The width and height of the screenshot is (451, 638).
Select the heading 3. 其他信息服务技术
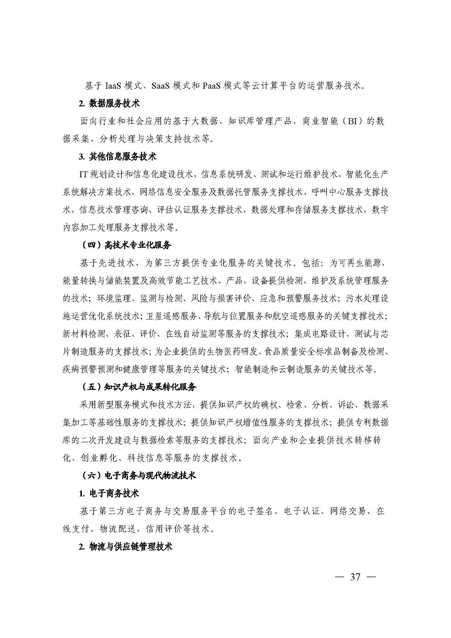pyautogui.click(x=117, y=156)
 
